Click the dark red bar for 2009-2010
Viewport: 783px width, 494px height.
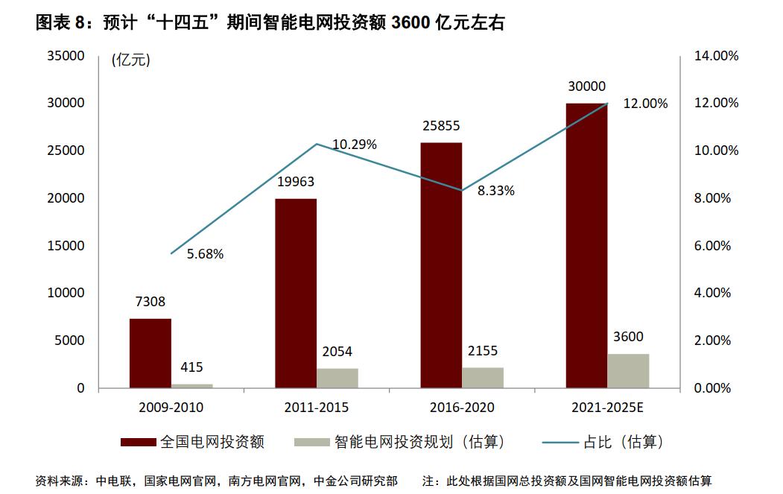coord(150,353)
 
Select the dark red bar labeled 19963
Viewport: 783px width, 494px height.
coord(296,293)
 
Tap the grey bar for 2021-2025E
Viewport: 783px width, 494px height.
coord(628,370)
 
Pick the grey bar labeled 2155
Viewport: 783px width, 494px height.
coord(483,378)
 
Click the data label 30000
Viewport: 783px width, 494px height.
coord(586,87)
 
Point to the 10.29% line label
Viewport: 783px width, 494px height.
coord(355,144)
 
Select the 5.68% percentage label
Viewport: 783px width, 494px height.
coord(205,254)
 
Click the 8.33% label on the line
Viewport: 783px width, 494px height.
coord(496,191)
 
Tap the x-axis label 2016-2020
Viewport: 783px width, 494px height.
coord(462,408)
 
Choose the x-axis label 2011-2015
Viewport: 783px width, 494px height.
coord(316,408)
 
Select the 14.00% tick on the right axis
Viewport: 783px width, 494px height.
coord(716,56)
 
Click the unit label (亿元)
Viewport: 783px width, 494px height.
coord(130,61)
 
